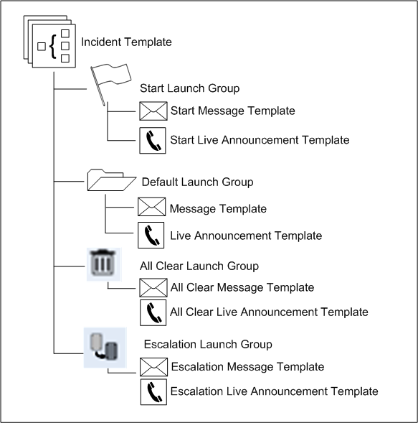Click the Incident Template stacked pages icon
[49, 42]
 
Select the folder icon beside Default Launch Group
[112, 180]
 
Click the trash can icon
[104, 264]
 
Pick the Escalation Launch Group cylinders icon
[105, 348]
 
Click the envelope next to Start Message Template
[153, 111]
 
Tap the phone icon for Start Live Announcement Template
[153, 141]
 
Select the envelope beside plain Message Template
[151, 207]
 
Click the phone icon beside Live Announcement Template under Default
[151, 236]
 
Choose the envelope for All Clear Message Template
[153, 287]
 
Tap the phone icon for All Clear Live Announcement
[153, 312]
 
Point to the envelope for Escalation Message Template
[153, 367]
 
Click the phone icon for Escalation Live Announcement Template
[153, 392]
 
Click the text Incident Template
[126, 42]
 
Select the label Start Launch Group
[189, 88]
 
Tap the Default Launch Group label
[197, 182]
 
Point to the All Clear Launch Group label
[199, 266]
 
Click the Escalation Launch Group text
[208, 344]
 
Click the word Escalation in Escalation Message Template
[197, 367]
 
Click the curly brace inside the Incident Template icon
[53, 46]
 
